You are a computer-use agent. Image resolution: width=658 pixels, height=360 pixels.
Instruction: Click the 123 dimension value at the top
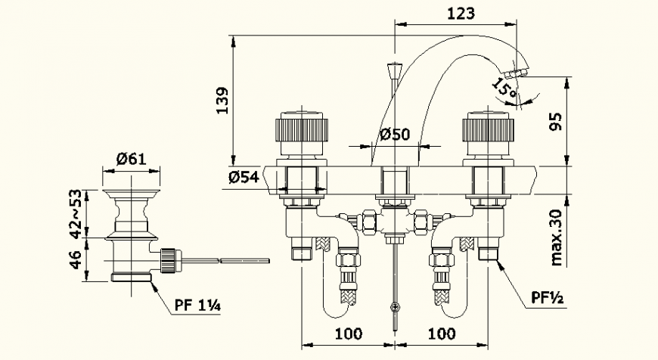pos(460,13)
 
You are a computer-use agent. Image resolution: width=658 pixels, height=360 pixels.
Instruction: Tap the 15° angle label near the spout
pos(504,89)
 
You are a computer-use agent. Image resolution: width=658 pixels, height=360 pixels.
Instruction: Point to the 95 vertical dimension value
pos(555,121)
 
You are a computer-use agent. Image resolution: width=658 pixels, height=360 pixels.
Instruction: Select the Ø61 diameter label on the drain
pos(132,159)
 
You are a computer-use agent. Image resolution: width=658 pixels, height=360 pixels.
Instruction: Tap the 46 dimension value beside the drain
pos(76,259)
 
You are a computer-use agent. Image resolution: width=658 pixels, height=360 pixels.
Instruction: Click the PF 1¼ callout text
pos(198,306)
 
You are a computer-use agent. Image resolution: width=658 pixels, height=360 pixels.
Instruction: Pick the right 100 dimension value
pos(441,333)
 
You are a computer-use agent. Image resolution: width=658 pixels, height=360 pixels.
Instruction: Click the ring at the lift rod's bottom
pos(394,306)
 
